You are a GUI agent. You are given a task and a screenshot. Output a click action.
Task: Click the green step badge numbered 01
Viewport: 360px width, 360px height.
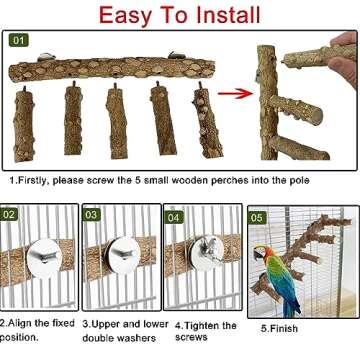pos(20,41)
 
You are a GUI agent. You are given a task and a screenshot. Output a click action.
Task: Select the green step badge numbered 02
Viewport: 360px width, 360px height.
pos(9,214)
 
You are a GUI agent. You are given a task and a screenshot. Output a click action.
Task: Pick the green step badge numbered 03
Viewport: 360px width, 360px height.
pos(91,214)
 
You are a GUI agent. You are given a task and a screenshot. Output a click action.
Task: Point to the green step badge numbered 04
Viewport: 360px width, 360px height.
pos(174,214)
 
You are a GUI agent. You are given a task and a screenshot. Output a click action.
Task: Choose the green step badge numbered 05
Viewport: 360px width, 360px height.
pos(256,216)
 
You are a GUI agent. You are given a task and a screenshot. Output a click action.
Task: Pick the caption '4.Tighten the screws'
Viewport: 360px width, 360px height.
pos(205,331)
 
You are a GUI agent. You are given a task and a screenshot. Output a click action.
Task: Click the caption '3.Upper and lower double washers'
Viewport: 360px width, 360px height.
pos(124,331)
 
